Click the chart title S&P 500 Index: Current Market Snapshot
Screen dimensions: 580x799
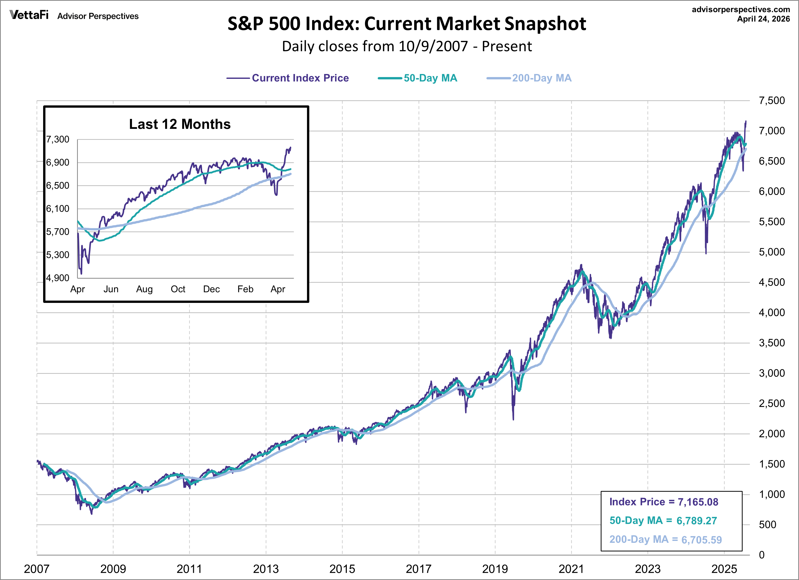click(407, 24)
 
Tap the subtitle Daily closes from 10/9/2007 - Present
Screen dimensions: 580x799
click(407, 46)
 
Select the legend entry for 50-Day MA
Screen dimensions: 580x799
click(430, 78)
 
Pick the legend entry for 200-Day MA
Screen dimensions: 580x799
click(542, 78)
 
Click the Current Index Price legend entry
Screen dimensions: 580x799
click(300, 78)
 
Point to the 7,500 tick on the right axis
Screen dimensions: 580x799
click(771, 101)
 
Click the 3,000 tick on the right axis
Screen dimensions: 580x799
click(771, 373)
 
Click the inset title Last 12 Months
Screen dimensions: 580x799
click(180, 124)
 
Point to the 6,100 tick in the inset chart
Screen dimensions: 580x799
click(58, 209)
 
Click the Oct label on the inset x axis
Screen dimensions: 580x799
click(178, 289)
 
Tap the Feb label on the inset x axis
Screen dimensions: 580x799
click(245, 289)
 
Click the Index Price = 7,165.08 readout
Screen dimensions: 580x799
click(663, 502)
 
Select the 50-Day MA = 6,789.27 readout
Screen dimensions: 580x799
click(663, 521)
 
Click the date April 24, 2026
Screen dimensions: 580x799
click(763, 19)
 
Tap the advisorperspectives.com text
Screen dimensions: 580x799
click(741, 9)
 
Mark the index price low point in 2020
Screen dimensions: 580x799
click(513, 419)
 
